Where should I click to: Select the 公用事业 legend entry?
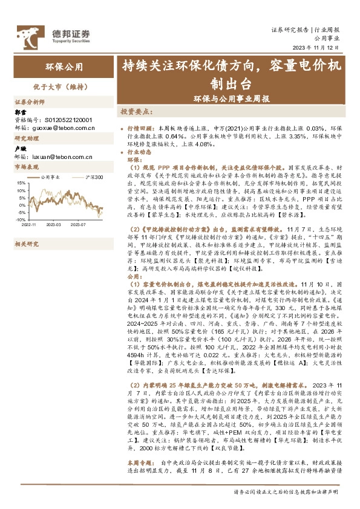[x=51, y=177]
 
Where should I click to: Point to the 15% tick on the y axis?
[x=21, y=181]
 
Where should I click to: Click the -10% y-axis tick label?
[x=21, y=220]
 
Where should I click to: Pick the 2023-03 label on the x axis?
[x=55, y=224]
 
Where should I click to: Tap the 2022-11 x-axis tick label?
[x=29, y=224]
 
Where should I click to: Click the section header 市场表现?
[x=26, y=167]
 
